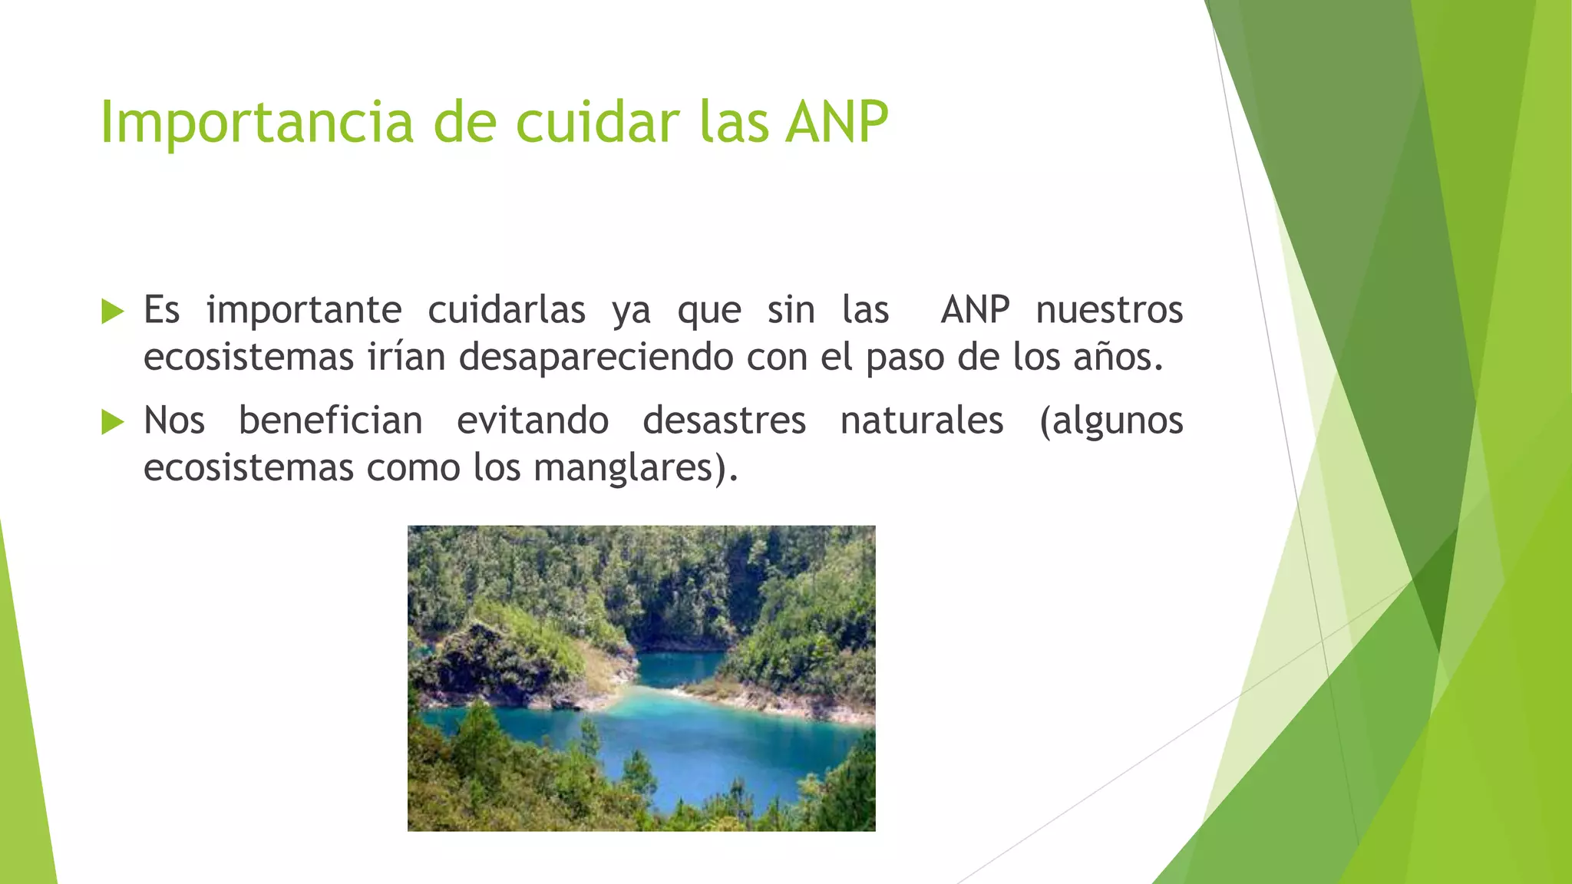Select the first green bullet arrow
[x=112, y=312]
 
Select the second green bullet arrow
[x=112, y=422]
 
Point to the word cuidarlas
[x=506, y=310]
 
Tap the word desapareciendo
[x=596, y=358]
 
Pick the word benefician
[x=330, y=421]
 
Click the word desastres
[x=724, y=421]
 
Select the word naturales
[x=921, y=421]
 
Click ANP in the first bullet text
[x=975, y=310]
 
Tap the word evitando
[x=532, y=421]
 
